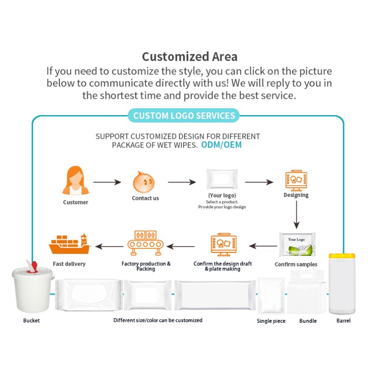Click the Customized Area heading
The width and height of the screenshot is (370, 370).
coord(190,57)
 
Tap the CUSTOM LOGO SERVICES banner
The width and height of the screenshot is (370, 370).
coord(184,116)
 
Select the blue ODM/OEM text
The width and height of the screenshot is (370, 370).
coord(221,145)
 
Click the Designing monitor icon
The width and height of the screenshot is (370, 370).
coord(296,180)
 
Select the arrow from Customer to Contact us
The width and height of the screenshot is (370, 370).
coord(106,183)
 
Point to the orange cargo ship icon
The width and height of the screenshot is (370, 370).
coord(69,244)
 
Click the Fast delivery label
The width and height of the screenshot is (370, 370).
coord(69,264)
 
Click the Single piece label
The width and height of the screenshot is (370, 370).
coord(271,321)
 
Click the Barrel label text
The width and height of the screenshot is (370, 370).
coord(343,321)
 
